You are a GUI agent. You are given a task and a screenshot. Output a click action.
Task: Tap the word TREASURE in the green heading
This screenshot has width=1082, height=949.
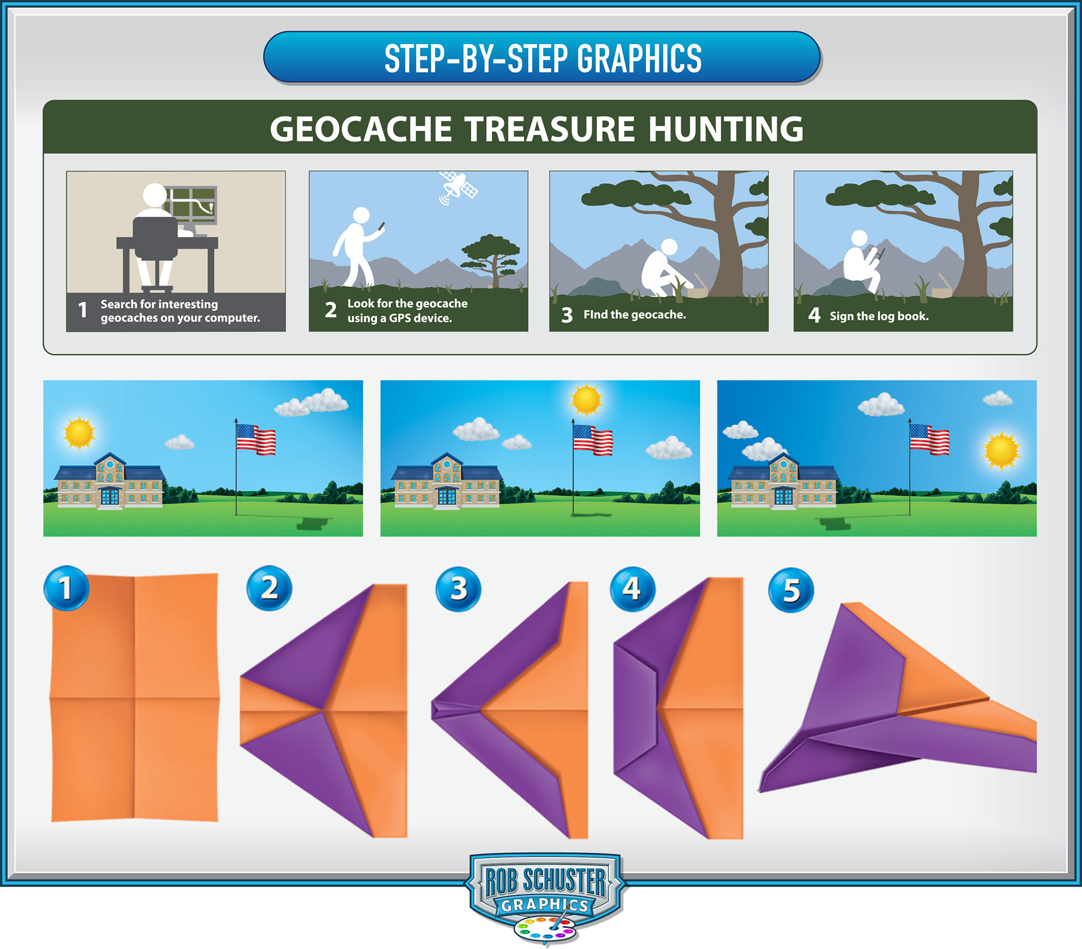549,129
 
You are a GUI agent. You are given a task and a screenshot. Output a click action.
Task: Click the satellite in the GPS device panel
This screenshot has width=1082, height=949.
458,186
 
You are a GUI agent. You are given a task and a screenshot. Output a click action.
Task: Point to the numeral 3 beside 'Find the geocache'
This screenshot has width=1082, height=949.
567,315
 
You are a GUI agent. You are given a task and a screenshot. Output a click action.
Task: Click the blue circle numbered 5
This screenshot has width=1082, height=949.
791,590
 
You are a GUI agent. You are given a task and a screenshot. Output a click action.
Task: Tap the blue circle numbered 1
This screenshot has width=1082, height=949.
66,588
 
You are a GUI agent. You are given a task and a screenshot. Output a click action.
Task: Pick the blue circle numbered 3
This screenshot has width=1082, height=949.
459,589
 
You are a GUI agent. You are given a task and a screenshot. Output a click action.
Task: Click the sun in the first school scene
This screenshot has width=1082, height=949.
79,433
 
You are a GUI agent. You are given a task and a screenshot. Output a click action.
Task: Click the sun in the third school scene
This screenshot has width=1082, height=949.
1001,451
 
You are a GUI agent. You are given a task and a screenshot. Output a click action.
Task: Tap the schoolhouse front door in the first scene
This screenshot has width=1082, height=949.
110,497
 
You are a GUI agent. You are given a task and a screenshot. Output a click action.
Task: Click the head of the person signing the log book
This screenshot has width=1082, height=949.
859,238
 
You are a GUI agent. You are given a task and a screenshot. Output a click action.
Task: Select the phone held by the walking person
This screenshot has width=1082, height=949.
382,226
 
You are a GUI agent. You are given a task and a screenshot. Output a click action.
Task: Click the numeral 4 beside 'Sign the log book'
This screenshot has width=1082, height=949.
814,315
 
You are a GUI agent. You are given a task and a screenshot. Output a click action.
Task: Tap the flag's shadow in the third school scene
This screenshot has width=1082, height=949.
835,524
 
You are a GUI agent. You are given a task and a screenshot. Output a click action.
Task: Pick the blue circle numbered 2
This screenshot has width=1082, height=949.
269,588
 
